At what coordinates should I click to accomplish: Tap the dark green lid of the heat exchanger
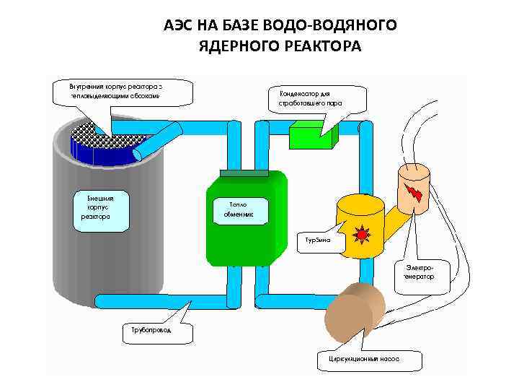click(244, 174)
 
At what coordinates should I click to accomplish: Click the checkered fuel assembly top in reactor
click(87, 131)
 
